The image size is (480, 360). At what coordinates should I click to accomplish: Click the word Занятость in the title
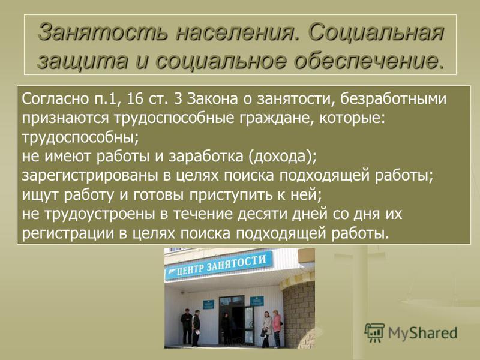[103, 32]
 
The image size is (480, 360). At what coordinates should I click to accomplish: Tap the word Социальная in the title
[376, 32]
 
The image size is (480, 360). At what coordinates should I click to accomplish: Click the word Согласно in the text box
[55, 99]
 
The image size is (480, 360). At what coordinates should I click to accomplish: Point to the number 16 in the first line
[135, 99]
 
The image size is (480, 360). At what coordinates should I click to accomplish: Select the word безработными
[394, 100]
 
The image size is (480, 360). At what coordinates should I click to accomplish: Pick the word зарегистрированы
[89, 176]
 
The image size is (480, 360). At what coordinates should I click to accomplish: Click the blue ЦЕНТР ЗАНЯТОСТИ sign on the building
[218, 265]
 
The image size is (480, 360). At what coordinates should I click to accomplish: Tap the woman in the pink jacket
[277, 328]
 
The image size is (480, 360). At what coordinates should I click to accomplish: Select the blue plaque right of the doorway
[257, 301]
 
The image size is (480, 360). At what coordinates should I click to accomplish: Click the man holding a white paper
[196, 328]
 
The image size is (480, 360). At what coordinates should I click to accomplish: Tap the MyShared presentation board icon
[374, 333]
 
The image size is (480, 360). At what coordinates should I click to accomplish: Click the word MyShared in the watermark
[422, 333]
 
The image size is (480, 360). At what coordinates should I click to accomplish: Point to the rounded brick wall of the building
[298, 316]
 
